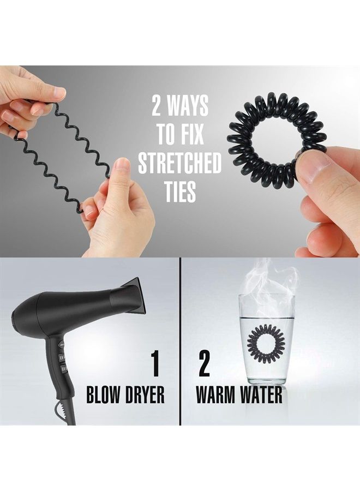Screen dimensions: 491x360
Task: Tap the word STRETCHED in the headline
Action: point(179,163)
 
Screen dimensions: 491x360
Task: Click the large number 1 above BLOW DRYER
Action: point(155,364)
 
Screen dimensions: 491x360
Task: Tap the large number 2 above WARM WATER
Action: point(204,364)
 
